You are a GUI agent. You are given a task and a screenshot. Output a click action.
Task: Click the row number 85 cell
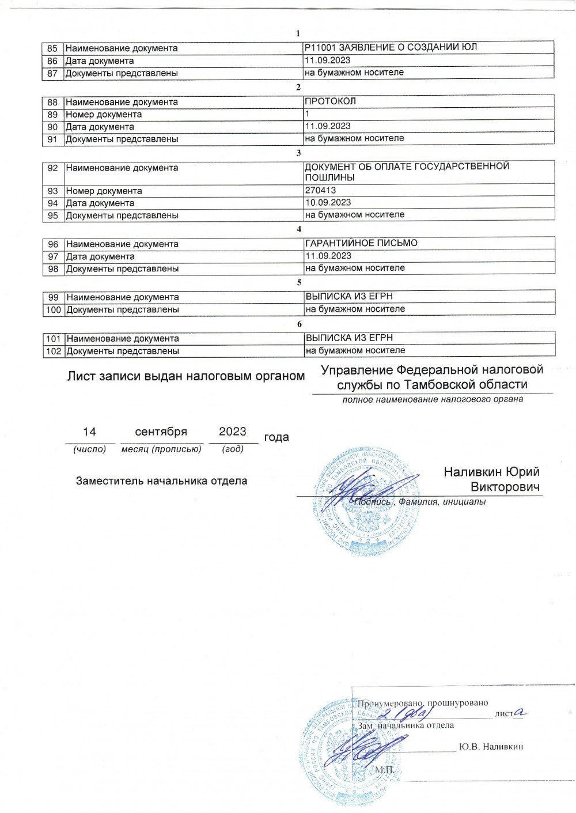(52, 48)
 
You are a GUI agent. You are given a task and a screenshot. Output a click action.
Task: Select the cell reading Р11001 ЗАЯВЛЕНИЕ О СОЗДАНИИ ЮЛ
(391, 47)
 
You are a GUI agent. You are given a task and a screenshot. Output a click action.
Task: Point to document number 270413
(320, 190)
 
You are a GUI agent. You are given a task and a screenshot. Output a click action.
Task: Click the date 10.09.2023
(328, 202)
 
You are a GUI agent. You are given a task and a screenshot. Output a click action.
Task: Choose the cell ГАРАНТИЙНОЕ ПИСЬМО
(361, 243)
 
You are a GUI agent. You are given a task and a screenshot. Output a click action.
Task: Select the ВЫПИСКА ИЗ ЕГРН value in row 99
(349, 296)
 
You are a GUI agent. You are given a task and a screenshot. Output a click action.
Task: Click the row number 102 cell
(54, 351)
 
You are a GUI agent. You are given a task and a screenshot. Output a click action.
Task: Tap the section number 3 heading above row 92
(298, 153)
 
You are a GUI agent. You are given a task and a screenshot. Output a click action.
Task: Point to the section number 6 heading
(299, 324)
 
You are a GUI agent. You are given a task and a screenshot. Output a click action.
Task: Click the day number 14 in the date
(89, 432)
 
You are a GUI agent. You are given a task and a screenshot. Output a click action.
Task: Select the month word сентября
(161, 432)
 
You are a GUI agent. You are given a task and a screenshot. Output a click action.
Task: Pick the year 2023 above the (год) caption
(232, 432)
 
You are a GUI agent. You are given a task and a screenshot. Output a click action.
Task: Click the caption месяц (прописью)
(161, 449)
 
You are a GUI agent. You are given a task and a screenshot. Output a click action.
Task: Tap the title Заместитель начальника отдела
(161, 481)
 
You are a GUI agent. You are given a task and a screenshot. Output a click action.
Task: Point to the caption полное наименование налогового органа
(433, 399)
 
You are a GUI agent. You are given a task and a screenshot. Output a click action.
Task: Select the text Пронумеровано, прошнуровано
(423, 703)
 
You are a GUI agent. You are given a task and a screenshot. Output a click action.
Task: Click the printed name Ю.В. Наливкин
(491, 747)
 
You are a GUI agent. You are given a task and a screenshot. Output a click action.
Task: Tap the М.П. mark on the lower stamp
(384, 770)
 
